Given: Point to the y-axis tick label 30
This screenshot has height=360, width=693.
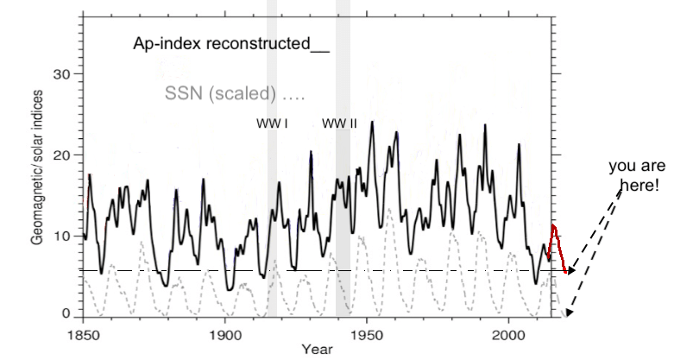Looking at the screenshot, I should tap(64, 73).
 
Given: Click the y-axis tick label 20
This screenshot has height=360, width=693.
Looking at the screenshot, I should tap(64, 155).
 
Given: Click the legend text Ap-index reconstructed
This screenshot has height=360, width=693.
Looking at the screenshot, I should tap(230, 44).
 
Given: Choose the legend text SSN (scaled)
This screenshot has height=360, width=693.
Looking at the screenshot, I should tap(233, 92).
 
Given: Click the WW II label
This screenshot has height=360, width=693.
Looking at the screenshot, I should tap(339, 123).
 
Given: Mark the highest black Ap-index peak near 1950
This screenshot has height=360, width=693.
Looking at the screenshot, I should tap(372, 123).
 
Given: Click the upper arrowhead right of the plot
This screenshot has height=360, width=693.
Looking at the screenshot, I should tap(570, 270).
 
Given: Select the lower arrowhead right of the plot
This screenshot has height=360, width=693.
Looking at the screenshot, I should tap(570, 313).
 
